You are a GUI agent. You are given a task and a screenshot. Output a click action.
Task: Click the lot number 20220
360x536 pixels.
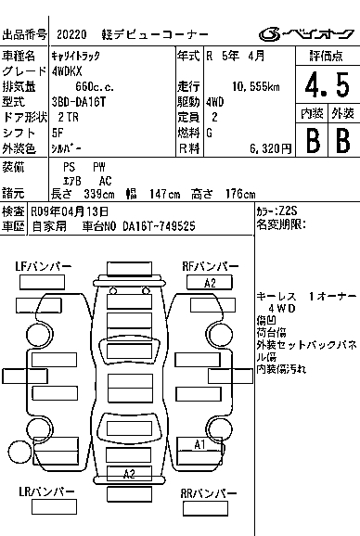tap(71, 34)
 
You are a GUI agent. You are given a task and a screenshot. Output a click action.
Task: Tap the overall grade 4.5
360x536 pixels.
tap(328, 84)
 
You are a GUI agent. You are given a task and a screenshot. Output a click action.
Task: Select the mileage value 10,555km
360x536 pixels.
tap(256, 87)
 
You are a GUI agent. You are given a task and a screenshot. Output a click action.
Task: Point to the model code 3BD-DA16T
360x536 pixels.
tap(79, 102)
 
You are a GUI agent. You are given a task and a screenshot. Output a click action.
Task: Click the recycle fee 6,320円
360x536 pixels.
tap(270, 148)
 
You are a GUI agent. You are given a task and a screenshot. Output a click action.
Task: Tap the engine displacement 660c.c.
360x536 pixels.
tap(95, 87)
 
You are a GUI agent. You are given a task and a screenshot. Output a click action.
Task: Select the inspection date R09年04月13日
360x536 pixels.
tap(70, 211)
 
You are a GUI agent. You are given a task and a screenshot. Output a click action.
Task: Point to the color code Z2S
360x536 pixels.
tap(289, 211)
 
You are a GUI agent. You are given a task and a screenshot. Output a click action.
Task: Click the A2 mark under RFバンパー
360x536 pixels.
tap(210, 283)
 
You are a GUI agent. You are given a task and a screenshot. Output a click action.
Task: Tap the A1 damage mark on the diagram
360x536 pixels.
tap(199, 445)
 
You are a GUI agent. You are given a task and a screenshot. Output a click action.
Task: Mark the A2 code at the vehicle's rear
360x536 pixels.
tap(129, 474)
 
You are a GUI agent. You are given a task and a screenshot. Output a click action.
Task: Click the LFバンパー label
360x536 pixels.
tap(44, 266)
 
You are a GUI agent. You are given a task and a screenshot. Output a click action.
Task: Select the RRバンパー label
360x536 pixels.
tap(209, 493)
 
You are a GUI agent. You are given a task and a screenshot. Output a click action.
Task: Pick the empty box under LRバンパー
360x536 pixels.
tap(54, 506)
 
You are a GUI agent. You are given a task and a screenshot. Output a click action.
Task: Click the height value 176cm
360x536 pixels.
tap(240, 194)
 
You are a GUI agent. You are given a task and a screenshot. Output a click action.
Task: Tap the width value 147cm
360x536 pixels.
tap(165, 194)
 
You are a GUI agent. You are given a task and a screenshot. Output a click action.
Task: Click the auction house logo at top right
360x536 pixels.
tap(306, 33)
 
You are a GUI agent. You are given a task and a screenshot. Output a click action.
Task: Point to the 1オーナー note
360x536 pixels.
tap(333, 296)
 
